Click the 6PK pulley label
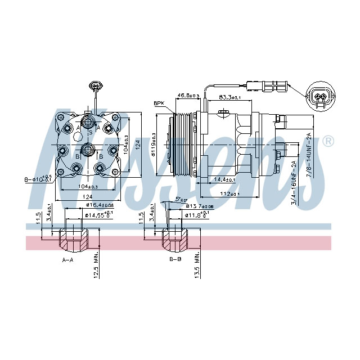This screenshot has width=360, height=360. click(x=159, y=104)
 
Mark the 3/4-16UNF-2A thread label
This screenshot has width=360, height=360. click(x=294, y=182)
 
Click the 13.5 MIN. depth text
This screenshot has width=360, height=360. click(x=198, y=264)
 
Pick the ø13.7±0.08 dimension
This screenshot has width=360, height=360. click(x=200, y=207)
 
